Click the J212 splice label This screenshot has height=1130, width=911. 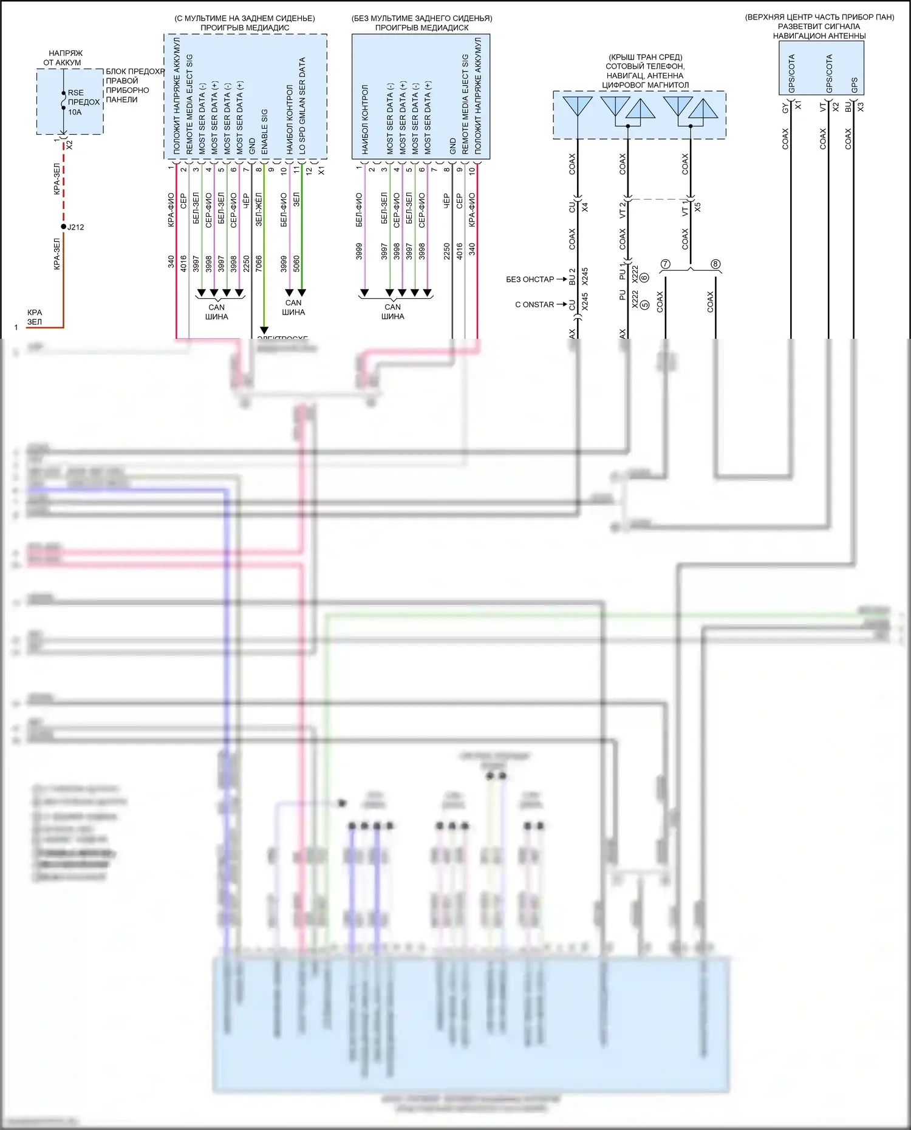click(75, 227)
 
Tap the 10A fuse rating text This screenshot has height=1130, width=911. click(75, 112)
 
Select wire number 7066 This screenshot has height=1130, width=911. click(259, 264)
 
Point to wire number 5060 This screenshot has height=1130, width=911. click(296, 264)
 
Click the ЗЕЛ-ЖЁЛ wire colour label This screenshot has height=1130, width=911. click(259, 209)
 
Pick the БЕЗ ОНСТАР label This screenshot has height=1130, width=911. click(530, 279)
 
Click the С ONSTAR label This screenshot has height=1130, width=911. click(534, 305)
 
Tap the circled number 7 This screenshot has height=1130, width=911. click(666, 264)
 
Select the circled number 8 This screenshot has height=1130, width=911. click(715, 264)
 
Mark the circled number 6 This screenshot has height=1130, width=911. click(644, 277)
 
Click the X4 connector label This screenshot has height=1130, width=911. click(585, 207)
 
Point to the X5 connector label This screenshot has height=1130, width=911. click(697, 207)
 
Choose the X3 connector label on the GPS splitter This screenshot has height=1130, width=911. click(861, 107)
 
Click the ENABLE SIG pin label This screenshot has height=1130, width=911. click(265, 131)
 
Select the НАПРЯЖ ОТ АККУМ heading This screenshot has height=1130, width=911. click(64, 58)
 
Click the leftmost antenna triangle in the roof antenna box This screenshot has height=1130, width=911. click(577, 106)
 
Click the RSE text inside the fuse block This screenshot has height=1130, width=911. click(76, 93)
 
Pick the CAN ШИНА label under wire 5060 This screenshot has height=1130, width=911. click(293, 307)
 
